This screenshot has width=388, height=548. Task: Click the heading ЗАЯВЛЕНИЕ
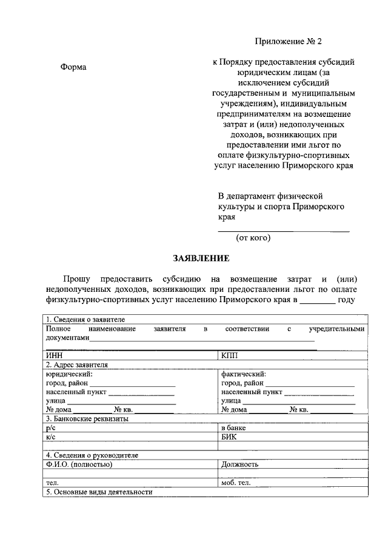[x=201, y=259]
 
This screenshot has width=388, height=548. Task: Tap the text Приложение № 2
[x=288, y=42]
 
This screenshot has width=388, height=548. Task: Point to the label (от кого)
[x=253, y=238]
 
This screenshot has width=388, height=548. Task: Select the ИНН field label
[x=55, y=356]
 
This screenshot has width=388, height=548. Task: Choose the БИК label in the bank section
[x=230, y=437]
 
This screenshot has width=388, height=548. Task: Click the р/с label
[x=50, y=428]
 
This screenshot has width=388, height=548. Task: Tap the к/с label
[x=50, y=437]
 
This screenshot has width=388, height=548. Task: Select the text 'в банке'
[x=235, y=428]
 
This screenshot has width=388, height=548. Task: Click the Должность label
[x=240, y=464]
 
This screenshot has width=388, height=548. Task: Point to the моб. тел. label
[x=238, y=483]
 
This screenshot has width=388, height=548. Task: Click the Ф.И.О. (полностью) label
[x=79, y=464]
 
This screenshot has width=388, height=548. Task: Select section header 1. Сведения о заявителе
[x=85, y=320]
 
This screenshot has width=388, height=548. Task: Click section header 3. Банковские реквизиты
[x=87, y=418]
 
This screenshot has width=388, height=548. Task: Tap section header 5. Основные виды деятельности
[x=98, y=492]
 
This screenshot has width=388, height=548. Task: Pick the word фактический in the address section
[x=244, y=374]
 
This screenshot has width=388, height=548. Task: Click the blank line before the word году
[x=317, y=301]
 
